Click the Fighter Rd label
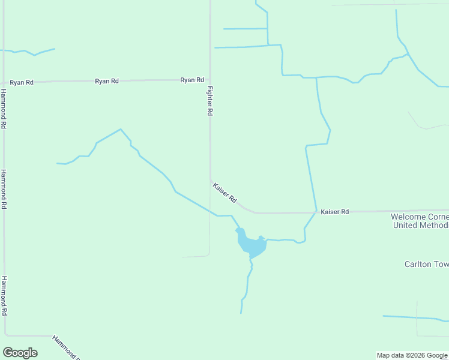click(x=209, y=101)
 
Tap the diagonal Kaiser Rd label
click(x=225, y=192)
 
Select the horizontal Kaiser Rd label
click(x=335, y=212)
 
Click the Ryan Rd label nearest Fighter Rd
click(x=192, y=80)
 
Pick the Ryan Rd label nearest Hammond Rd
click(x=22, y=82)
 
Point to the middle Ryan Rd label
click(x=107, y=81)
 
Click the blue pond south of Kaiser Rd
click(x=250, y=245)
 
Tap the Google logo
click(x=20, y=353)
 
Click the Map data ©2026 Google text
click(x=412, y=355)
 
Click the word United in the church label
click(x=406, y=225)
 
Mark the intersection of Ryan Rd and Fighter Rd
click(x=209, y=79)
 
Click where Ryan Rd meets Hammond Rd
click(x=4, y=83)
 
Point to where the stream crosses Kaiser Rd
click(x=316, y=212)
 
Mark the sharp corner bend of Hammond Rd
click(x=5, y=334)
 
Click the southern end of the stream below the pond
click(x=241, y=313)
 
